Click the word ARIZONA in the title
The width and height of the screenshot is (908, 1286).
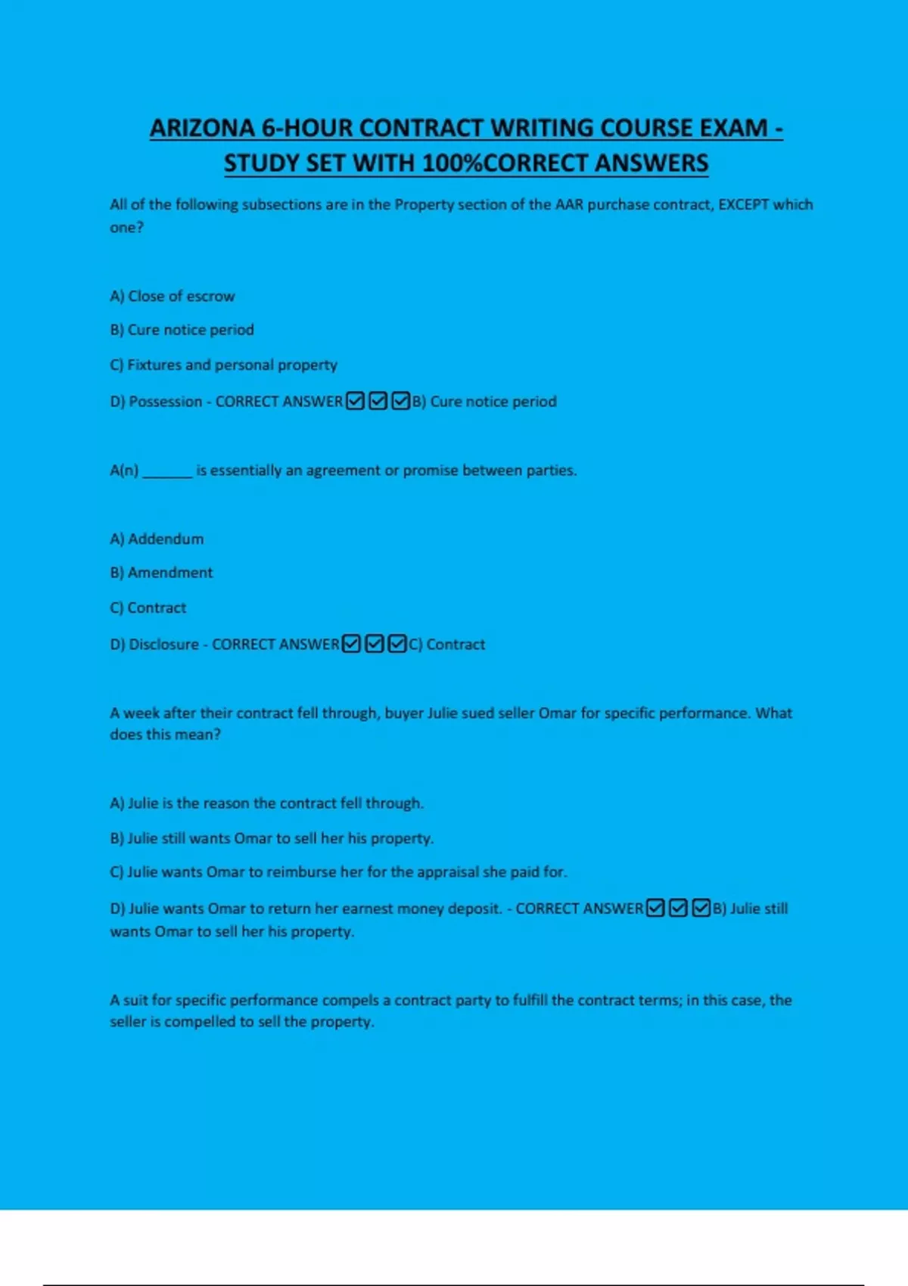202,128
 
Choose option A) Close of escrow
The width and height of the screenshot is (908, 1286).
173,296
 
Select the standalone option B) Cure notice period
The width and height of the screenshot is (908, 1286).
182,330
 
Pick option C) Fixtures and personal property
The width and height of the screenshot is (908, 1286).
223,365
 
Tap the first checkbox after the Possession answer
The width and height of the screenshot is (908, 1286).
355,401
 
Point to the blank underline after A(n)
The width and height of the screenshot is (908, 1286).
167,471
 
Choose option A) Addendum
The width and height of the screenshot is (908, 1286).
157,539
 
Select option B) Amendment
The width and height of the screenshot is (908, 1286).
161,573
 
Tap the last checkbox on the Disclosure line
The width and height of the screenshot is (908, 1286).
397,644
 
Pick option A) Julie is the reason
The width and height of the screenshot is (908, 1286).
266,803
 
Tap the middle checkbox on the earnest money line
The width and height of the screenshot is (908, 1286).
679,908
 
